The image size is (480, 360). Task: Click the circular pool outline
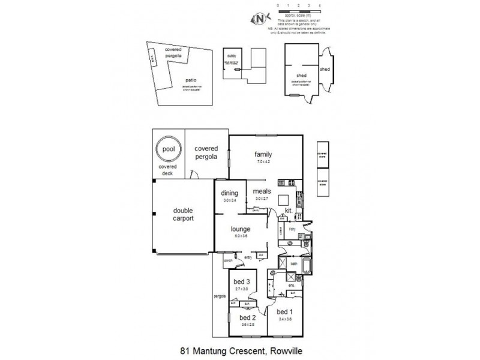coord(168,148)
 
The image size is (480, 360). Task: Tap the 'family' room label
coord(264,154)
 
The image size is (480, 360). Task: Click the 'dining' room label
coord(230,193)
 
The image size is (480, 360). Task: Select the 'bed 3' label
coord(242,282)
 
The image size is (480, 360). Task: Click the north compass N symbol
coord(260,19)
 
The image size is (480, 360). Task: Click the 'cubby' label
coord(232,55)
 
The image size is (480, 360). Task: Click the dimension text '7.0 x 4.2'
coord(264,162)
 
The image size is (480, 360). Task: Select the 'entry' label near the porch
coord(248,256)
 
